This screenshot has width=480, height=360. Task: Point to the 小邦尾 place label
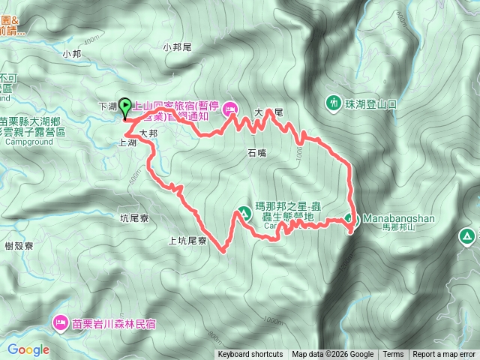178,47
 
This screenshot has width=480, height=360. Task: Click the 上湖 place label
127,142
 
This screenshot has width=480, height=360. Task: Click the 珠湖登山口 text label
370,101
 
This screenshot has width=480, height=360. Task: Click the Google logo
28,349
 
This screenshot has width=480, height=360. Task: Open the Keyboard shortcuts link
250,355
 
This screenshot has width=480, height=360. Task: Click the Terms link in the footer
393,355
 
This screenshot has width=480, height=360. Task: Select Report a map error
444,355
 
